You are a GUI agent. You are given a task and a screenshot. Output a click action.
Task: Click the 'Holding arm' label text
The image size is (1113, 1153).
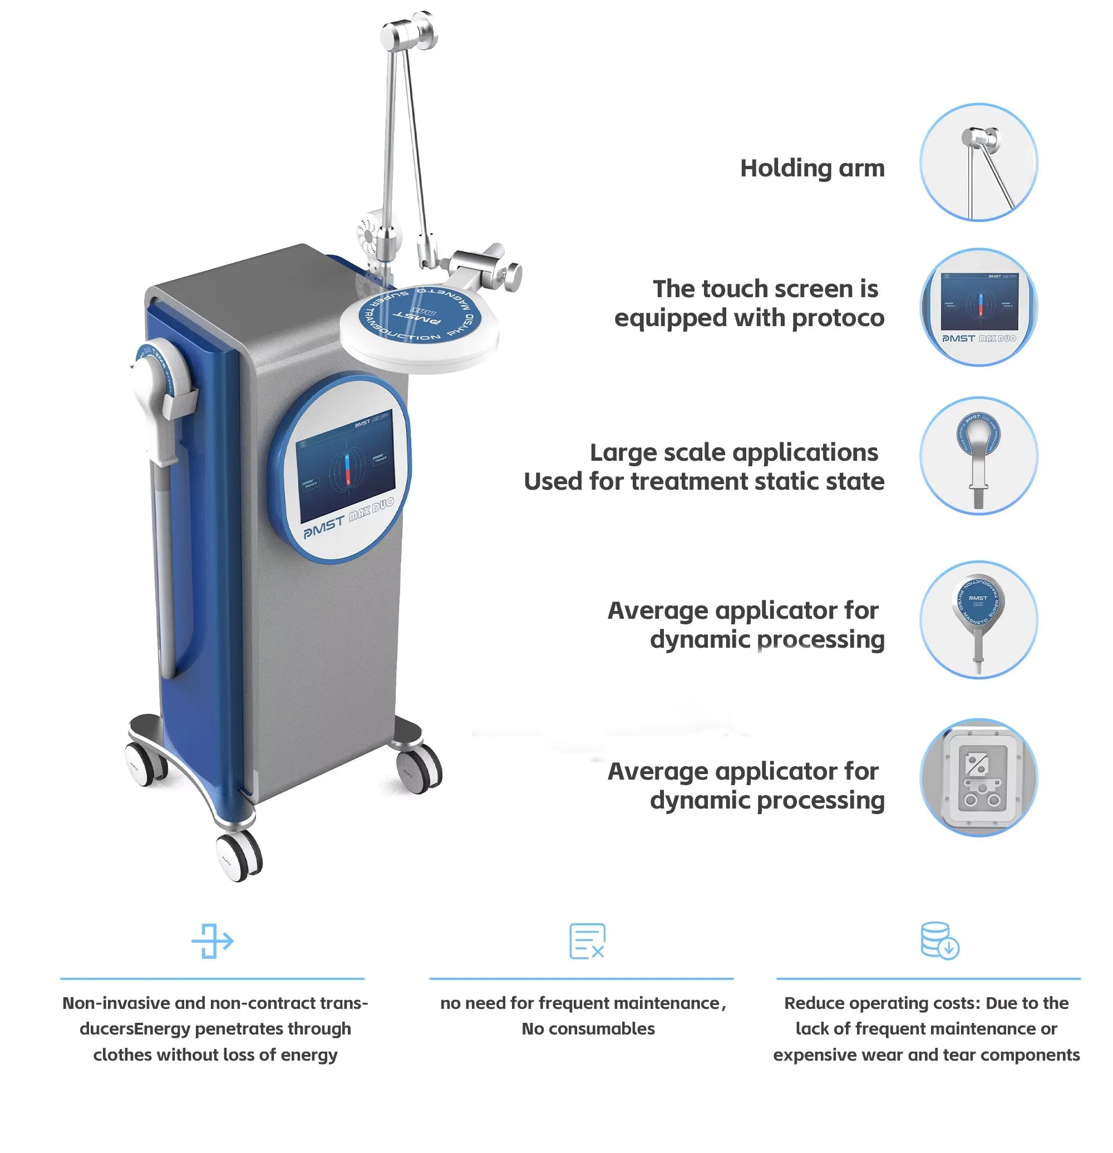812,168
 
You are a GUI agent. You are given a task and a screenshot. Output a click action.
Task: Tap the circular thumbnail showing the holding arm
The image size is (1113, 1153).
978,162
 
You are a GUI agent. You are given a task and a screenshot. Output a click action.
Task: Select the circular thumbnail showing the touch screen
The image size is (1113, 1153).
978,307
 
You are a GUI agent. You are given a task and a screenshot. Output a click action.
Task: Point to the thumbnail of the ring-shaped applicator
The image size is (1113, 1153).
978,455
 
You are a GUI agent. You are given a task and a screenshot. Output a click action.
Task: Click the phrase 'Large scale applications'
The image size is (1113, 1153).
733,452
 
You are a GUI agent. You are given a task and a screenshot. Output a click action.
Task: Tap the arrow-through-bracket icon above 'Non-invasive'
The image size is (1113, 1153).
213,940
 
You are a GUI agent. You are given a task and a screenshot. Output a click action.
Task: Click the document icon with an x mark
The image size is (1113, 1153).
587,940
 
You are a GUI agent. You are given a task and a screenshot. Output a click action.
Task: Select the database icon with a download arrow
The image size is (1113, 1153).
939,940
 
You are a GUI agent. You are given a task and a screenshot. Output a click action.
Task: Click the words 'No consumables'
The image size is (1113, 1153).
588,1029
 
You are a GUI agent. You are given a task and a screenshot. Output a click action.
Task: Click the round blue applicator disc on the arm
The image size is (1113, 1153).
420,318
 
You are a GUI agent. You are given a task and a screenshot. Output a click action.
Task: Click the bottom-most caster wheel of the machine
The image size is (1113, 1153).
239,856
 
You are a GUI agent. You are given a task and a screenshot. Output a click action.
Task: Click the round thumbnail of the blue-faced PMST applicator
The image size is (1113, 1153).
978,619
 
